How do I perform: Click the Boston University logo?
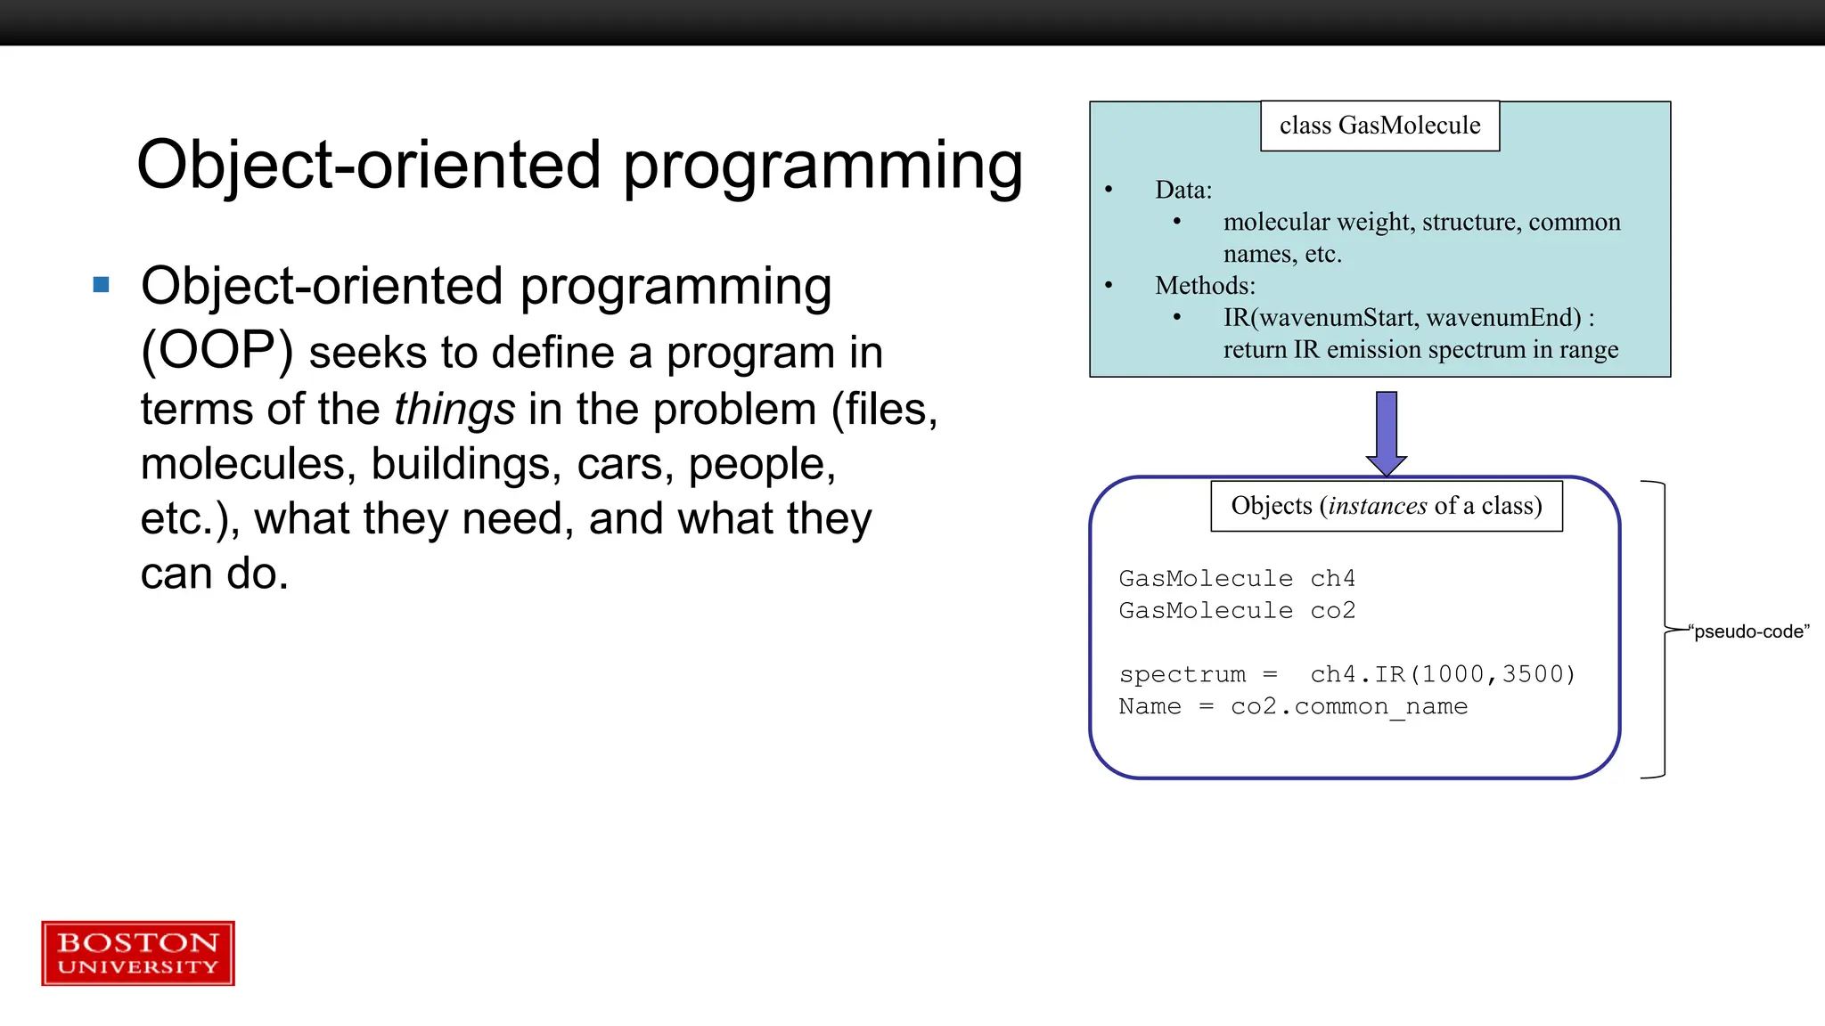point(138,953)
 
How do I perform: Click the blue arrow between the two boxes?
point(1386,432)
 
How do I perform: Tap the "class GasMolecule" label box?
point(1379,126)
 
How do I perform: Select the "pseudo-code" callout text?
point(1750,631)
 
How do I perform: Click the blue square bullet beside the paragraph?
point(101,285)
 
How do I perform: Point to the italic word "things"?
point(454,410)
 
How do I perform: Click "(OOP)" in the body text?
point(217,351)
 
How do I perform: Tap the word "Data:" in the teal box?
point(1183,190)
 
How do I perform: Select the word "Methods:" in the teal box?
point(1205,286)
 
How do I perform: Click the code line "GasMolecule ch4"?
point(1236,579)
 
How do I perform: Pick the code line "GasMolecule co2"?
point(1236,611)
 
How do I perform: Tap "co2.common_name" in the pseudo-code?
point(1348,707)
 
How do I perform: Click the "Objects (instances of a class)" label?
point(1386,506)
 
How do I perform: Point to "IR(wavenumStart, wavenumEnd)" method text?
point(1402,318)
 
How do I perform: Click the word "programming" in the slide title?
point(822,167)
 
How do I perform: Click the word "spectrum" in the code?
point(1182,675)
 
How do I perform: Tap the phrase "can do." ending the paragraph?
point(214,574)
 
